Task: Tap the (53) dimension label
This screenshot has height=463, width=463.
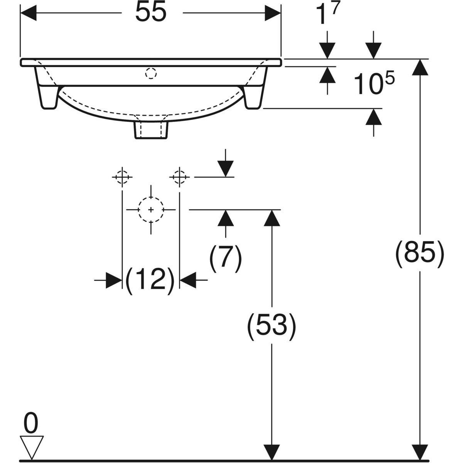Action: [x=272, y=326]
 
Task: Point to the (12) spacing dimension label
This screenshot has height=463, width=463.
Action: [x=150, y=280]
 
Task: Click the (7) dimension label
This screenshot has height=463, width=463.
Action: [x=225, y=258]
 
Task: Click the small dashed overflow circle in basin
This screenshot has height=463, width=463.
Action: [x=151, y=73]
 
